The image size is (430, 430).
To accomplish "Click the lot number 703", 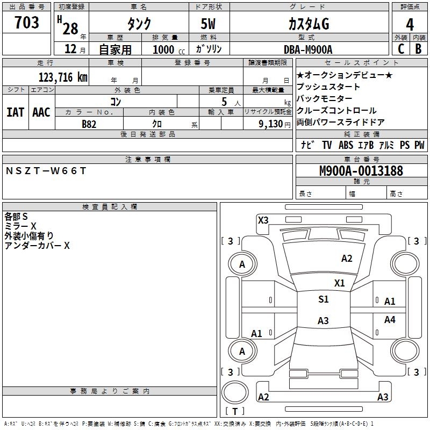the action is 27,23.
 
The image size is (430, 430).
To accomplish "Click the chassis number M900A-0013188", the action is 361,171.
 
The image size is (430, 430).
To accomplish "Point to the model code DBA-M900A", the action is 308,49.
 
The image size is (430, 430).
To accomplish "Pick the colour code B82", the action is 89,124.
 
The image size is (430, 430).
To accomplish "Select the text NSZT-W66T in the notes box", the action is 46,171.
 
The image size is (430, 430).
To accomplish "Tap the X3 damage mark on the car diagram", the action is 263,220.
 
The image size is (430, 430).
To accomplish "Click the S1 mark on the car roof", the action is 323,299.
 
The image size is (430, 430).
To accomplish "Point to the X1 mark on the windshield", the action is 340,283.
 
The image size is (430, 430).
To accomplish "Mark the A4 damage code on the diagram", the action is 390,320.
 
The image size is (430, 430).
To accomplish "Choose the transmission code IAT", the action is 15,112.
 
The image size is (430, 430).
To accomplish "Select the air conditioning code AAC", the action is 41,112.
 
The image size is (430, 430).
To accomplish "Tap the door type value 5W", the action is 209,24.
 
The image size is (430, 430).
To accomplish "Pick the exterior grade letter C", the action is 400,49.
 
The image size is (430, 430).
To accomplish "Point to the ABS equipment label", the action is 346,145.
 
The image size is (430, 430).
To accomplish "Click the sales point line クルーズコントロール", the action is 336,111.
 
